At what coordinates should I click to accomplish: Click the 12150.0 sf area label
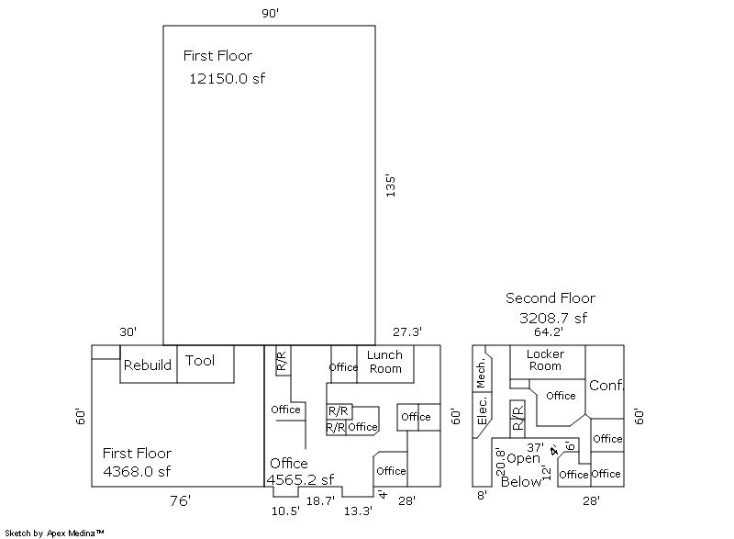pos(227,78)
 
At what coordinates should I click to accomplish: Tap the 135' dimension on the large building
pos(390,186)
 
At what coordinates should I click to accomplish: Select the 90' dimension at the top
pos(269,12)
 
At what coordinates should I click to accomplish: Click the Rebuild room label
pos(148,365)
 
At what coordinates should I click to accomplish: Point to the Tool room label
pos(200,361)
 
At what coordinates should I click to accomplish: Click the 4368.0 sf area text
pos(138,472)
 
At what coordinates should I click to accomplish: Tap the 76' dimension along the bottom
pos(179,500)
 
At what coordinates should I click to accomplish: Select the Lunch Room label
pos(385,362)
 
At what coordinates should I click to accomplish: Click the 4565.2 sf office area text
pos(300,479)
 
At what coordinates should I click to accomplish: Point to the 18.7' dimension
pos(320,501)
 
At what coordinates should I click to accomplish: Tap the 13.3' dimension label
pos(359,511)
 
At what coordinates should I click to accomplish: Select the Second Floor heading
pos(550,298)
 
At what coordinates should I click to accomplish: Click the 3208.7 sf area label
pos(552,319)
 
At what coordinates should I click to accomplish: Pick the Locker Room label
pos(545,360)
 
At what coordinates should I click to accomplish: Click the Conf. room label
pos(606,385)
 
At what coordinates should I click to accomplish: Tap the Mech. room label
pos(481,373)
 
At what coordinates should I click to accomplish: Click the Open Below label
pos(522,469)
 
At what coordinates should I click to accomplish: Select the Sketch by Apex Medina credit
pos(54,532)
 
